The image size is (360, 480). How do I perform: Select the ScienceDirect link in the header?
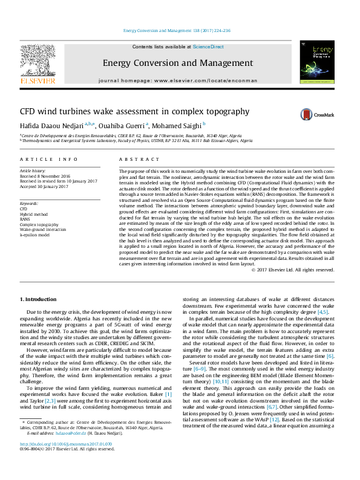tap(208, 47)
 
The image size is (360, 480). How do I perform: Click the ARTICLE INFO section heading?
tap(49, 159)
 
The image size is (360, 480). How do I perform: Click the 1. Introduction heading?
tap(39, 299)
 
